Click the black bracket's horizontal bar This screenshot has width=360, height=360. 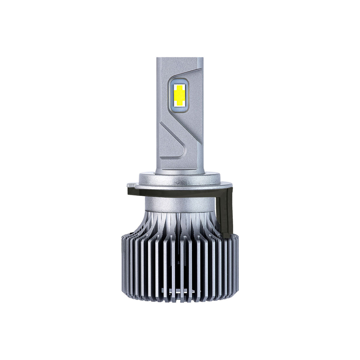click(x=176, y=192)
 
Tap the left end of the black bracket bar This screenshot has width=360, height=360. click(x=129, y=192)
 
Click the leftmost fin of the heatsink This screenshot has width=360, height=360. click(x=123, y=267)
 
